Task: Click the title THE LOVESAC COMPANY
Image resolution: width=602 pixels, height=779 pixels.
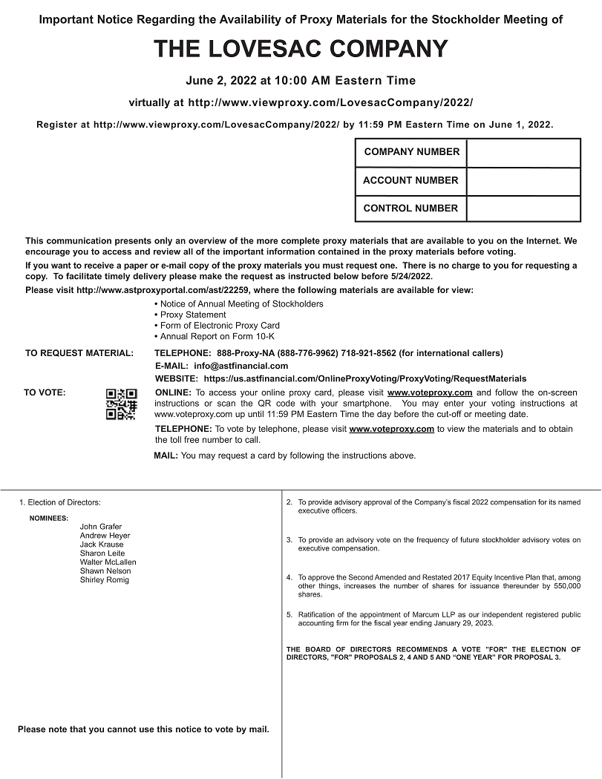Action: coord(301,49)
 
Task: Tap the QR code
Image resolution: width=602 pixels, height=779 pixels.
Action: coord(121,404)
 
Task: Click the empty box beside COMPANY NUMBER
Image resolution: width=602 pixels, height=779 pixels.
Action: coord(523,152)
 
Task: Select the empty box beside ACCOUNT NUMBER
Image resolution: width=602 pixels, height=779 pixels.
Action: coord(523,180)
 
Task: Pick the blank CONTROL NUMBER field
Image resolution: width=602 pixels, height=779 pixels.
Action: coord(523,208)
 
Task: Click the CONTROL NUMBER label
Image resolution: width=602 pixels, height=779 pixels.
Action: coord(410,208)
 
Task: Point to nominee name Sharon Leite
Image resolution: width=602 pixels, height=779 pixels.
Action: coord(102,553)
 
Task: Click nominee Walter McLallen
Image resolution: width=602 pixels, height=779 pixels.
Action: coord(108,562)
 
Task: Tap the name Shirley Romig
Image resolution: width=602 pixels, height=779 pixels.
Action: coord(105,580)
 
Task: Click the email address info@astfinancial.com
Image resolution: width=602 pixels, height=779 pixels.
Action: coord(241,366)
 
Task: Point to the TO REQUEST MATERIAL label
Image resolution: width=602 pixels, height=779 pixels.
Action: coord(79,353)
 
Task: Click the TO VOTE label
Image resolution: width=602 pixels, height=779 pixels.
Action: coord(45,392)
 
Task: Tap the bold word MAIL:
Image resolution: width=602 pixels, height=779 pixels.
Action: coord(166,456)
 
